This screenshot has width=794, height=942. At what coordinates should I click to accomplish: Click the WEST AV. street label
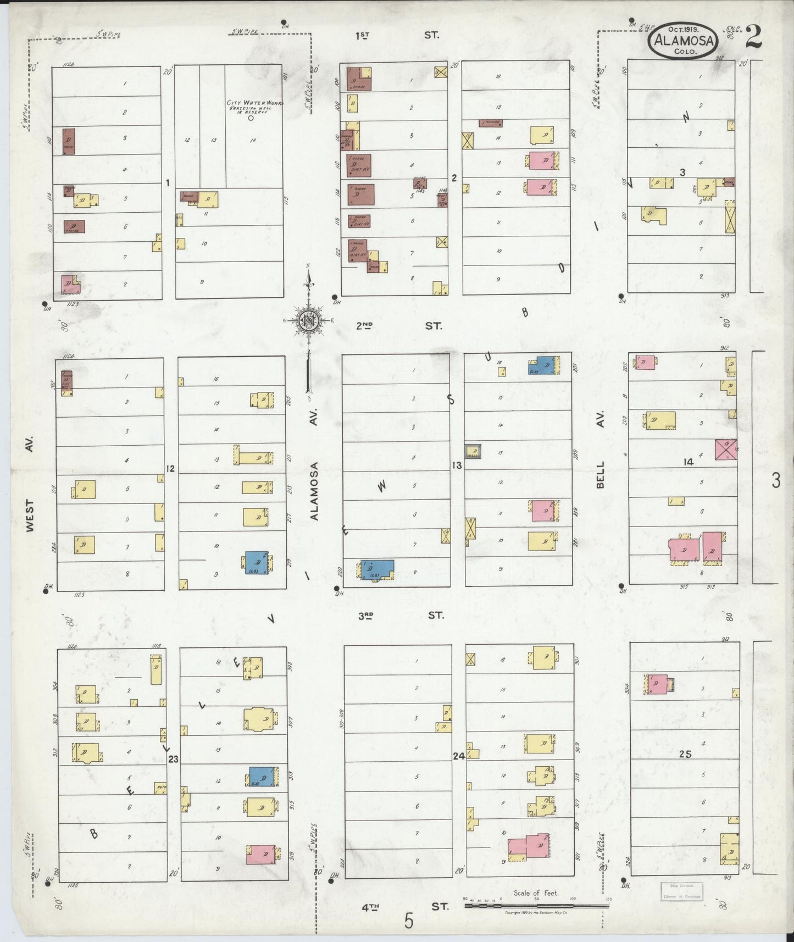(30, 484)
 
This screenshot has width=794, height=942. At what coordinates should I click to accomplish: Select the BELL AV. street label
(600, 450)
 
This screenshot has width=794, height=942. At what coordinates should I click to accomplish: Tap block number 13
(457, 465)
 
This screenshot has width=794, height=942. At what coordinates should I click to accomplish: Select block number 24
(459, 756)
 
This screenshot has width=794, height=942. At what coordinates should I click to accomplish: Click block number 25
(685, 755)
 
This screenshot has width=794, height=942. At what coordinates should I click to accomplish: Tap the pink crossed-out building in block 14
(726, 449)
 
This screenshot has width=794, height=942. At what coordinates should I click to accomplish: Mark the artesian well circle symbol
(251, 118)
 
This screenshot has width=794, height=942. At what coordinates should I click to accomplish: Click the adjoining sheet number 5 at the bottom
(408, 921)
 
